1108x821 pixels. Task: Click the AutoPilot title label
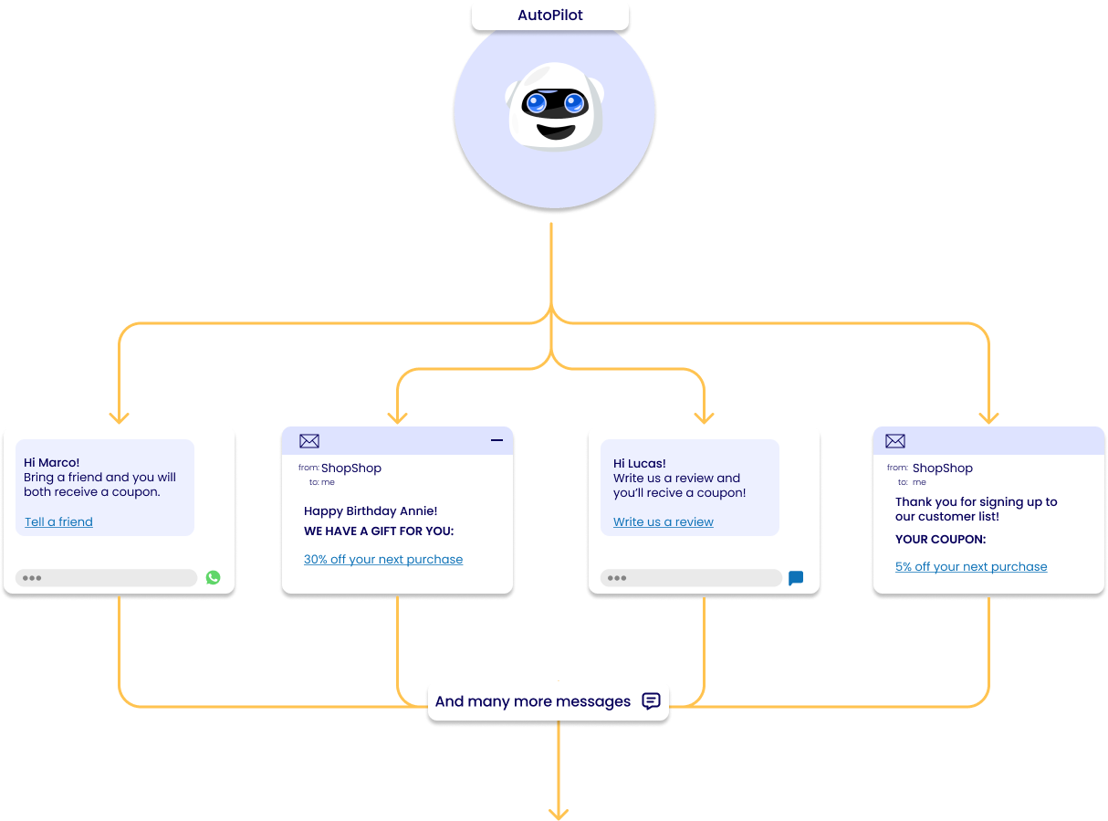point(549,15)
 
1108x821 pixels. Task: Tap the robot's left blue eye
point(536,103)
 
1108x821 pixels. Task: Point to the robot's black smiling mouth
point(555,132)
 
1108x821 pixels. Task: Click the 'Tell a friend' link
point(58,521)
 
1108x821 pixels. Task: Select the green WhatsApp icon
point(213,577)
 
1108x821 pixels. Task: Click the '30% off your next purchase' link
point(382,559)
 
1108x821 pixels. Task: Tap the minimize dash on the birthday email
point(497,439)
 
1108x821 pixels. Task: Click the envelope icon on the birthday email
point(308,440)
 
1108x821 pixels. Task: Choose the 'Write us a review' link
point(663,521)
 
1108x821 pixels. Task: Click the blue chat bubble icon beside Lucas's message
point(795,577)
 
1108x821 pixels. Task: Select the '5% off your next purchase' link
point(970,566)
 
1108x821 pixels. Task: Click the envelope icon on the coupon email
point(894,440)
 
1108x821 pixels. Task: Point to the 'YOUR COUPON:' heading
point(940,539)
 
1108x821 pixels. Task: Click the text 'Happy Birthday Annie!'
point(371,510)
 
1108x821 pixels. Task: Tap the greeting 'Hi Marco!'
point(51,462)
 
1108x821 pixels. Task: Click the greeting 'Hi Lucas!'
point(639,463)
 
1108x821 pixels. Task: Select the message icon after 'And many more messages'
point(651,700)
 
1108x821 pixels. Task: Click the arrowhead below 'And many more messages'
point(558,813)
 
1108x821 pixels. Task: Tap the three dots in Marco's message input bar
point(31,577)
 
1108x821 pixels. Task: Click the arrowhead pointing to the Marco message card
point(119,417)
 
